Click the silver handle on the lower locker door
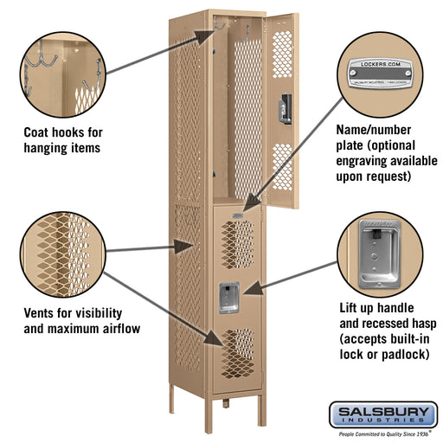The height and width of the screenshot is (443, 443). [x=228, y=297]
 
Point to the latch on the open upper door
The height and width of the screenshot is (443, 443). [x=279, y=112]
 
